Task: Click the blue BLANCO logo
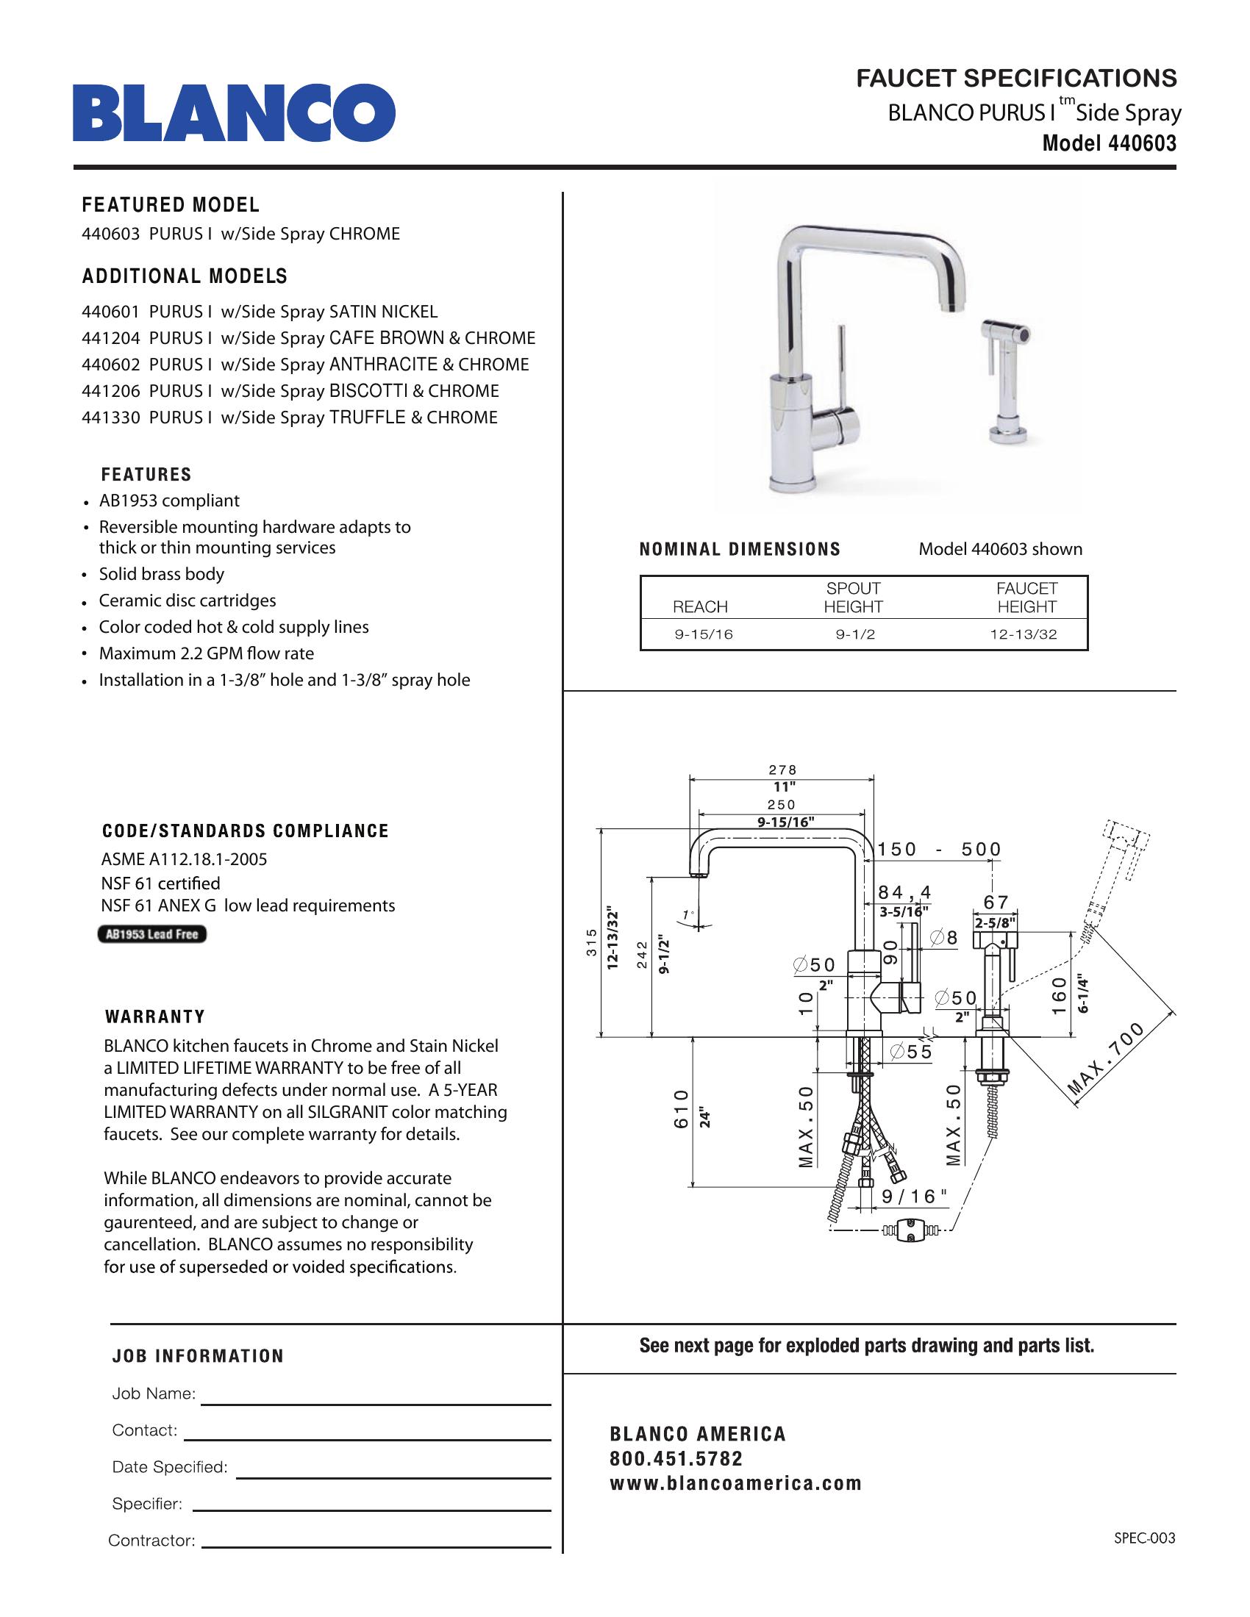point(233,112)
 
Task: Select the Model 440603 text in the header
point(1109,143)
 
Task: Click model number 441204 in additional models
point(110,338)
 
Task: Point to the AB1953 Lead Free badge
point(151,934)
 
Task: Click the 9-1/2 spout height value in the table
point(854,634)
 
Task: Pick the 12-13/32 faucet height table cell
point(1024,634)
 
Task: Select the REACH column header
point(700,607)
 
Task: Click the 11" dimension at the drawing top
point(784,787)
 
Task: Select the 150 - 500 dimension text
point(938,849)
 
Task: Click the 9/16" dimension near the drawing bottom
point(914,1197)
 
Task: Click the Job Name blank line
point(376,1404)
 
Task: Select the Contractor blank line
point(376,1546)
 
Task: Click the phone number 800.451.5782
point(675,1458)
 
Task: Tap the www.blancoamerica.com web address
point(735,1483)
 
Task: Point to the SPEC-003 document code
point(1144,1538)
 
